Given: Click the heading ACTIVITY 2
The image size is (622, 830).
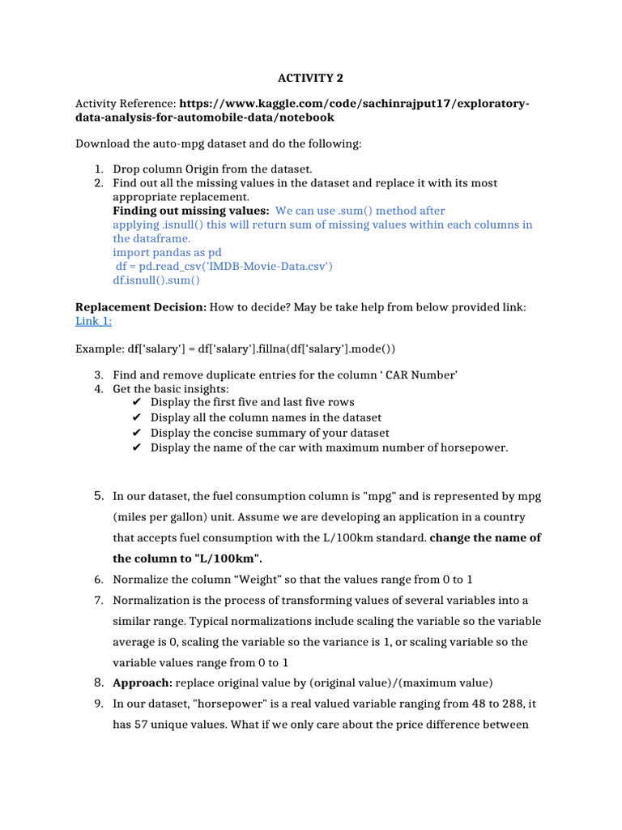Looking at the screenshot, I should [x=306, y=78].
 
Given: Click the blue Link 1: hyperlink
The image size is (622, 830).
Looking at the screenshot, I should [x=93, y=321].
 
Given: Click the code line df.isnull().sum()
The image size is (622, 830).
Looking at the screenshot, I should [x=156, y=280].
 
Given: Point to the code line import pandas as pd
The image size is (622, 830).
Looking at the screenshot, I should [x=167, y=252].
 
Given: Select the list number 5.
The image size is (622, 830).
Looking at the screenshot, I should [x=98, y=495].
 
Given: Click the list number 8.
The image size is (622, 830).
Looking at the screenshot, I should [x=98, y=682].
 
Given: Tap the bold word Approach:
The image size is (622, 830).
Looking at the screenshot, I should [x=142, y=682].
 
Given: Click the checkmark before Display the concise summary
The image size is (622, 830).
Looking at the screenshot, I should [x=135, y=433].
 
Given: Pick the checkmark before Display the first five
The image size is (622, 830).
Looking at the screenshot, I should [x=135, y=402].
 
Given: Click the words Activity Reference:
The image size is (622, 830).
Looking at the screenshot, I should [x=125, y=104].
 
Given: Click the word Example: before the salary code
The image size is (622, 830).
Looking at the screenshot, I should [x=98, y=348].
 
